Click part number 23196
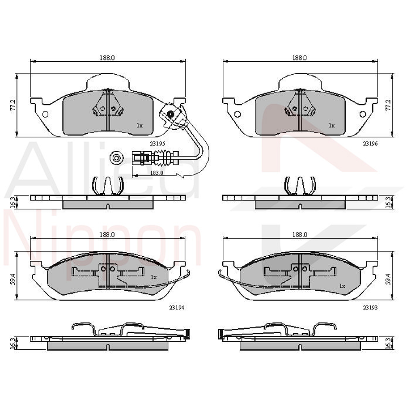pos(369,144)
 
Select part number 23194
pos(177,307)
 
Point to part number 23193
pos(370,307)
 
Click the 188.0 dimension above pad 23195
pos(107,58)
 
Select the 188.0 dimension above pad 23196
pos(300,58)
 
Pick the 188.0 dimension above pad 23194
pos(107,234)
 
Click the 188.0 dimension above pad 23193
pos(300,234)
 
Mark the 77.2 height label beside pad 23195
pos(13,105)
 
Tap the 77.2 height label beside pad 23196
pos(388,105)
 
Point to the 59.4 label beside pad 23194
pos(13,280)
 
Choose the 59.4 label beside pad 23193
pos(388,280)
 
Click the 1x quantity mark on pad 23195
pos(140,126)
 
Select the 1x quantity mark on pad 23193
pos(342,285)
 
